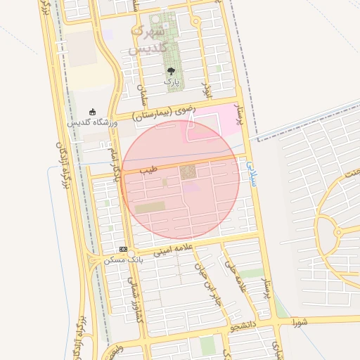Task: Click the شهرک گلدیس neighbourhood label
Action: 149,40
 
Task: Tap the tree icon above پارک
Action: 171,71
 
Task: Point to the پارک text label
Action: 172,82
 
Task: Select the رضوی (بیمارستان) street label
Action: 162,114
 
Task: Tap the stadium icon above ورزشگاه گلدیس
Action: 92,112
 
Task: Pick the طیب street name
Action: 148,169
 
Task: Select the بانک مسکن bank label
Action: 119,259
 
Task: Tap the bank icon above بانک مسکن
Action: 123,249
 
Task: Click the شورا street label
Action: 300,321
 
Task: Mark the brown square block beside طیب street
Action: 188,172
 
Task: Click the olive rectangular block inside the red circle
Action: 150,208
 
